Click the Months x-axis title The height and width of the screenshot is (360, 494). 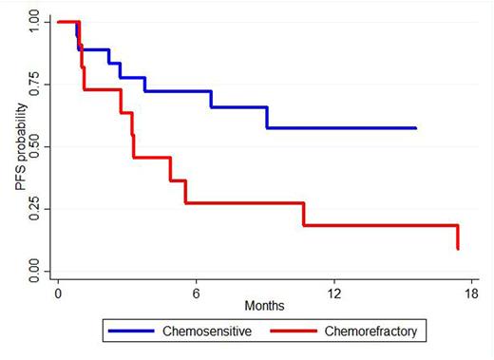point(265,307)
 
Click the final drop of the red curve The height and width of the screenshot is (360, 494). point(458,237)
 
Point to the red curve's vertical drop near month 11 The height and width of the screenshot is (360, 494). point(303,214)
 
